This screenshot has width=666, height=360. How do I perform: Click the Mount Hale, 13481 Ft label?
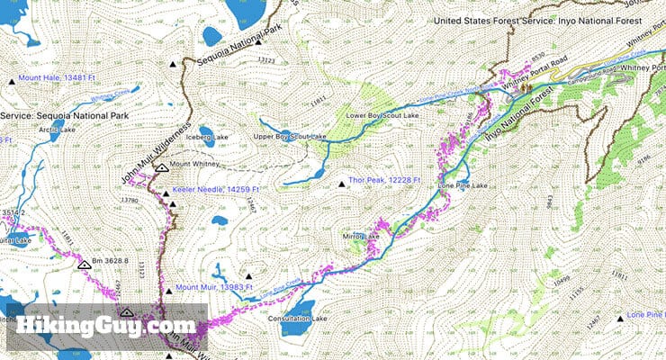coord(58,79)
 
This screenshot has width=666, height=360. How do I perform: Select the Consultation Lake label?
coord(301,319)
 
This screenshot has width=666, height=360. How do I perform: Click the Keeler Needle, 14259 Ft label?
coord(220,190)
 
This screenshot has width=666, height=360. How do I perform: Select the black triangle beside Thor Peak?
coord(341,185)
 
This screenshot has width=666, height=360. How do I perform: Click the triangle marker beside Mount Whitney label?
coord(161,166)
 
